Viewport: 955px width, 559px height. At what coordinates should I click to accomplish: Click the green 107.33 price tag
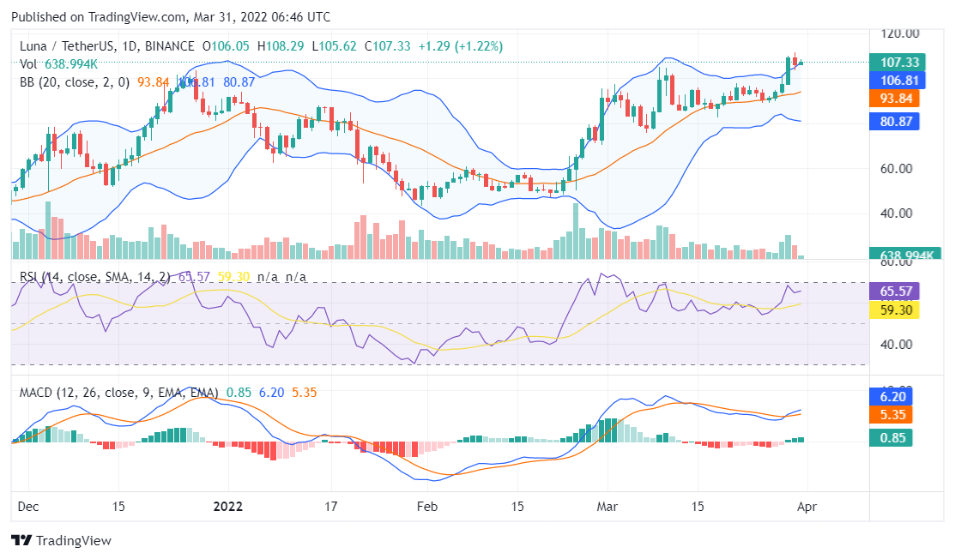click(894, 63)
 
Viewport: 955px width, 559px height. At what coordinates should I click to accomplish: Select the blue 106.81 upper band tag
click(894, 81)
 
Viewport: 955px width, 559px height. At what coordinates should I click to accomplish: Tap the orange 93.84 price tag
click(894, 99)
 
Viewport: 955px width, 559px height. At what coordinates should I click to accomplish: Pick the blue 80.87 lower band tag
click(894, 122)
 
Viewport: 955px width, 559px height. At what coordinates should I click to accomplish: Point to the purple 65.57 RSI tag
click(894, 291)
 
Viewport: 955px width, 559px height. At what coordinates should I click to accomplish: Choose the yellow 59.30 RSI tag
click(894, 310)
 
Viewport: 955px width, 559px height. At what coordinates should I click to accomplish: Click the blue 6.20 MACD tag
click(894, 396)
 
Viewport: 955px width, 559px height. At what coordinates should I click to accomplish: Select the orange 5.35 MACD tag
click(894, 415)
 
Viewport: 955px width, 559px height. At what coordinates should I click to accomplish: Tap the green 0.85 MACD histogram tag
click(894, 438)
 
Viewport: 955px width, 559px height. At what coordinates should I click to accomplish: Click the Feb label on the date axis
click(426, 507)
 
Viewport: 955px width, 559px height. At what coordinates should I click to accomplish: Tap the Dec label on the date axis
click(28, 507)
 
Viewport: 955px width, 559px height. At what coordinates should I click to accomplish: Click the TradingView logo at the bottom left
click(61, 541)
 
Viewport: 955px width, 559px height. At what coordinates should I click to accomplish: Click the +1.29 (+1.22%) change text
click(460, 45)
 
